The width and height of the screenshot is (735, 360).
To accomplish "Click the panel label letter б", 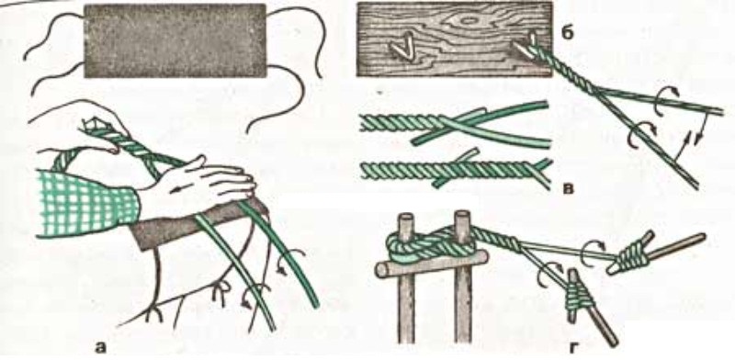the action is click(x=569, y=35).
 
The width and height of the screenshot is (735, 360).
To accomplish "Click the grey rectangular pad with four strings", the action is click(x=175, y=40).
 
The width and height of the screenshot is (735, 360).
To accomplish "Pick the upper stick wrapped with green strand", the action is click(x=655, y=253).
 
